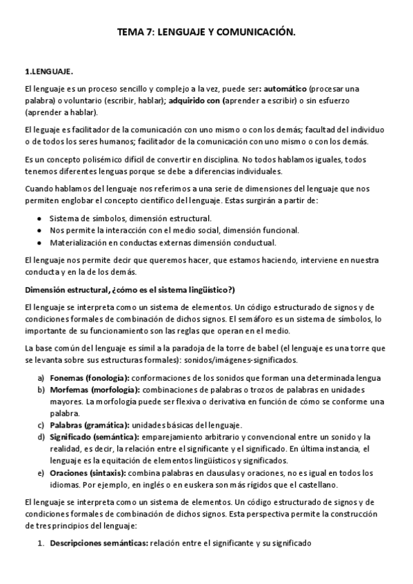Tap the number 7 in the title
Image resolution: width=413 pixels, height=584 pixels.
tap(146, 32)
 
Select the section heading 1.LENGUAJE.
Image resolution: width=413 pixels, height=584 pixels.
tap(48, 71)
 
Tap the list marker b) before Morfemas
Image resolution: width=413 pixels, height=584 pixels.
tap(41, 390)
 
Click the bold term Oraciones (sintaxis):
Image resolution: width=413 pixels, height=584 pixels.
tap(88, 472)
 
